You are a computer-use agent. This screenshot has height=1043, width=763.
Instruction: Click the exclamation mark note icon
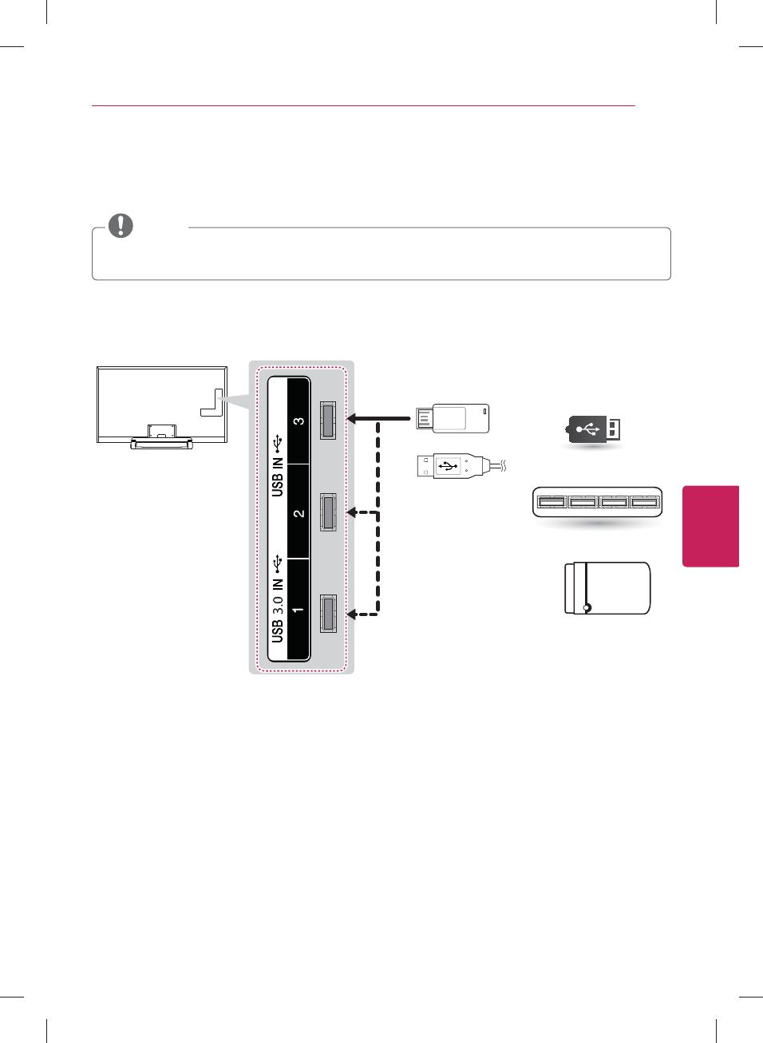(121, 226)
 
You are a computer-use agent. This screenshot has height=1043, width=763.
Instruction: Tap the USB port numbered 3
(328, 420)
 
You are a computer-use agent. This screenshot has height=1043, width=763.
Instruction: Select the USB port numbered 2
(328, 512)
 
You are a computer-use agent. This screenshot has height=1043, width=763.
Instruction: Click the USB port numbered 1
(328, 614)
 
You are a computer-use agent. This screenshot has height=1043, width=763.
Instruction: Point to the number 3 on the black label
(298, 421)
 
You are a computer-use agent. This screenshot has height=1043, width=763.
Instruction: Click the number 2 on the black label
(298, 513)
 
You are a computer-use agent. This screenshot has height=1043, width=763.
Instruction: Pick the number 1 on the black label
(298, 609)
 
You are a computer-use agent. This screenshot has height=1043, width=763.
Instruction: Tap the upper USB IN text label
(277, 477)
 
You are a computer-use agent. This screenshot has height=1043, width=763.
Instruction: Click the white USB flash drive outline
(453, 418)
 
